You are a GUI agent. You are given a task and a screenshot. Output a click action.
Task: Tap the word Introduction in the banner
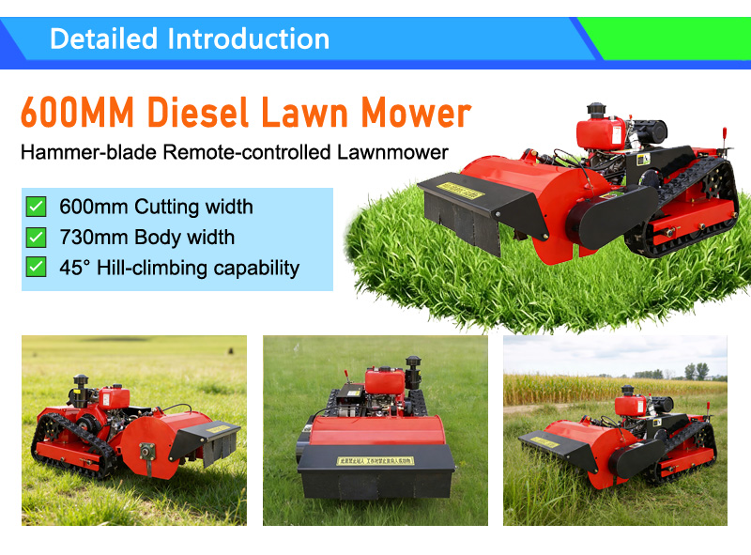pyautogui.click(x=249, y=39)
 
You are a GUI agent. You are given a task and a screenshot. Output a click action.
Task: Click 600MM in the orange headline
pyautogui.click(x=75, y=114)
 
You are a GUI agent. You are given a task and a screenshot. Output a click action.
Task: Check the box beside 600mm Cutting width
pyautogui.click(x=36, y=207)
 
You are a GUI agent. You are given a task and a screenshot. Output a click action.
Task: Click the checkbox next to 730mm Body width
pyautogui.click(x=36, y=237)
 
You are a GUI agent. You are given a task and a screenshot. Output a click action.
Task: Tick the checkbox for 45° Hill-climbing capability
pyautogui.click(x=36, y=267)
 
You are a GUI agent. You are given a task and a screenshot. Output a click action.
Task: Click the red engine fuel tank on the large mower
pyautogui.click(x=598, y=131)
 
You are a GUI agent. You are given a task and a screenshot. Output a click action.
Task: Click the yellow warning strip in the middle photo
pyautogui.click(x=376, y=460)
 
